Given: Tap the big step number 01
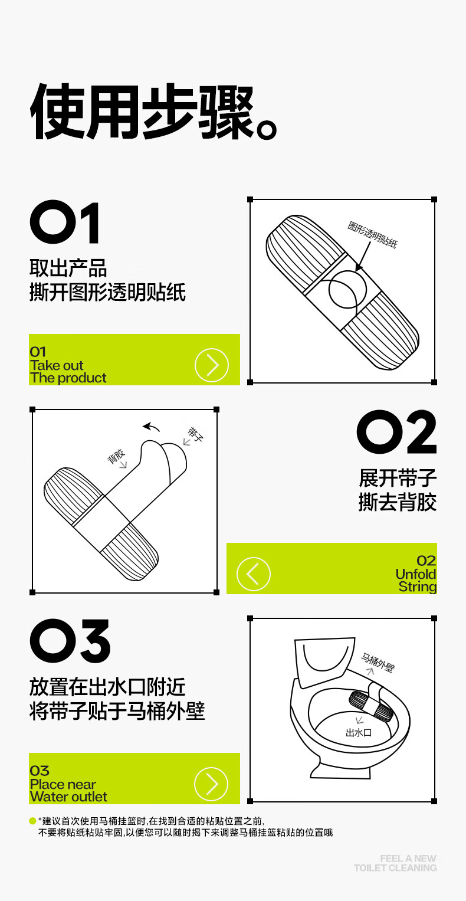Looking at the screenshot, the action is (64, 222).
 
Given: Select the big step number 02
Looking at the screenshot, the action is (396, 432).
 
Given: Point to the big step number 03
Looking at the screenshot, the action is (70, 641).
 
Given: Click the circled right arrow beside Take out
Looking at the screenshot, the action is (212, 365).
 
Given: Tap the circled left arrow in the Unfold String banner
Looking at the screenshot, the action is (253, 574).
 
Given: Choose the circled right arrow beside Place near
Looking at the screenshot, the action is (211, 784).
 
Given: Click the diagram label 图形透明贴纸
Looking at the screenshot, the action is (372, 234).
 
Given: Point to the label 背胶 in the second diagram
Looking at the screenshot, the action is (116, 457).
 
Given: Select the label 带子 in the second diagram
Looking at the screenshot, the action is (195, 434).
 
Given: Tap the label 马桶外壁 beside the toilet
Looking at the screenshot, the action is (378, 663).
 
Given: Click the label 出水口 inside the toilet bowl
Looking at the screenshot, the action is (359, 732).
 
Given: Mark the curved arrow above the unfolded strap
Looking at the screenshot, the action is (151, 427).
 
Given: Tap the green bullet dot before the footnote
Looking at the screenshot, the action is (32, 821).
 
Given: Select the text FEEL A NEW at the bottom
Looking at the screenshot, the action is (408, 859).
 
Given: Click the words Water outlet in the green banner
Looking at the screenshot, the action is (68, 797).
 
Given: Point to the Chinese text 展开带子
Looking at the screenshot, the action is (398, 479).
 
